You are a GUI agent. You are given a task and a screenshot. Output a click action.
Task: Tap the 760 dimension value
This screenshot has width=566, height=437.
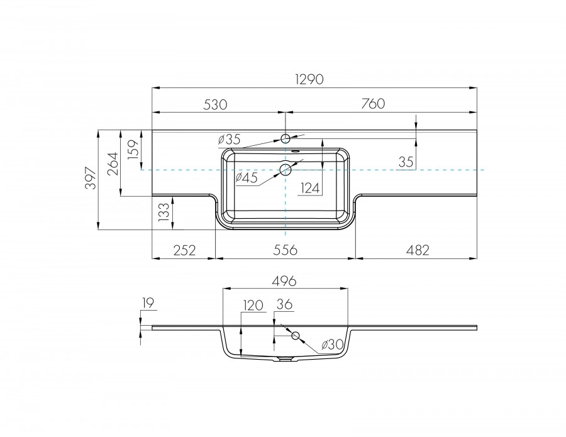[372, 104]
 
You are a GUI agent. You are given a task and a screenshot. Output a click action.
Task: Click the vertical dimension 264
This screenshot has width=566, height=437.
[111, 164]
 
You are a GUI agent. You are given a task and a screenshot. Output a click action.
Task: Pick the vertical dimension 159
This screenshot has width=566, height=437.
[133, 151]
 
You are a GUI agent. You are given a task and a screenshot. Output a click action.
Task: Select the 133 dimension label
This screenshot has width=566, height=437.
[164, 213]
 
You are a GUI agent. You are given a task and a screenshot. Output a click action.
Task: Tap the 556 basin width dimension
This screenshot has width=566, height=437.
[286, 250]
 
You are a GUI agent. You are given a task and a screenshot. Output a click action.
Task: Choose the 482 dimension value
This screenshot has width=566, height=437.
[416, 250]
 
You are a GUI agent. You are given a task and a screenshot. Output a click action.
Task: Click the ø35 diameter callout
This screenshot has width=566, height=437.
[230, 138]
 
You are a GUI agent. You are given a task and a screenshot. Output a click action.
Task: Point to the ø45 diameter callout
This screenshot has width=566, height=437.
[246, 179]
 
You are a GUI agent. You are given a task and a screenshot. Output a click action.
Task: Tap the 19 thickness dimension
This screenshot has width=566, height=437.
[148, 304]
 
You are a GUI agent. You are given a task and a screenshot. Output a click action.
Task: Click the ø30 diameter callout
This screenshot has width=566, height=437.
[331, 345]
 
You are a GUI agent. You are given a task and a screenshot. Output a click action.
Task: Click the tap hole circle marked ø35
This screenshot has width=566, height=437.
[286, 138]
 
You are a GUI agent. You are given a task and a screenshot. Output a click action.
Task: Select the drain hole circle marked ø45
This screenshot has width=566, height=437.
[286, 169]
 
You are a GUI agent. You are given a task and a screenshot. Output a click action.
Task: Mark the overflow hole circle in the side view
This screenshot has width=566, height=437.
[294, 336]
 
